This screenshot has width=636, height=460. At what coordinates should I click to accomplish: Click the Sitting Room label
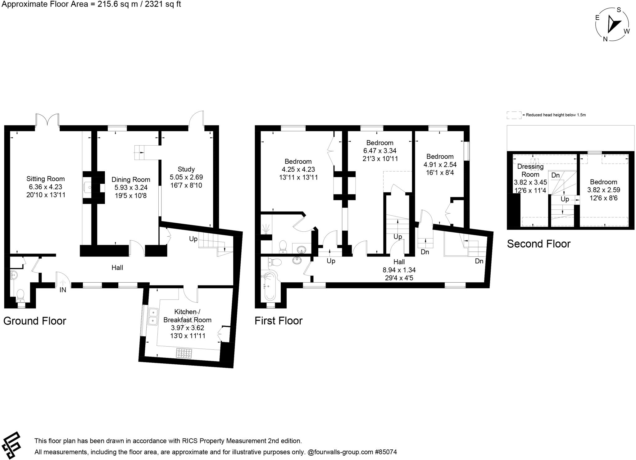coord(45,179)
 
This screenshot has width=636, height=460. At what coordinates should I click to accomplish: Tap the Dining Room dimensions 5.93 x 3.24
coord(131,188)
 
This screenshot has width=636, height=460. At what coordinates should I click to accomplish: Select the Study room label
coord(186,169)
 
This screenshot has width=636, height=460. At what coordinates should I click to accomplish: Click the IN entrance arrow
coord(63,283)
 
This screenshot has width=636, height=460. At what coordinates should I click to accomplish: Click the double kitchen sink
coord(153,317)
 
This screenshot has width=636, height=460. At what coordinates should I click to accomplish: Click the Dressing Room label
coord(530,171)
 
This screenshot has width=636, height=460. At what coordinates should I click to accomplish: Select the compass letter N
coord(605,39)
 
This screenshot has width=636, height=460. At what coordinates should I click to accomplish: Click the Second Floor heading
coord(538,244)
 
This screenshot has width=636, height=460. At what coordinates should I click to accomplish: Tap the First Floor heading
coord(278,321)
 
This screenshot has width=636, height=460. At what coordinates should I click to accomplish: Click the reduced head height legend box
coord(514,115)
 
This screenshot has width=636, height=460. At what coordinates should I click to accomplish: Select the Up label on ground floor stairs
coord(193,239)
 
